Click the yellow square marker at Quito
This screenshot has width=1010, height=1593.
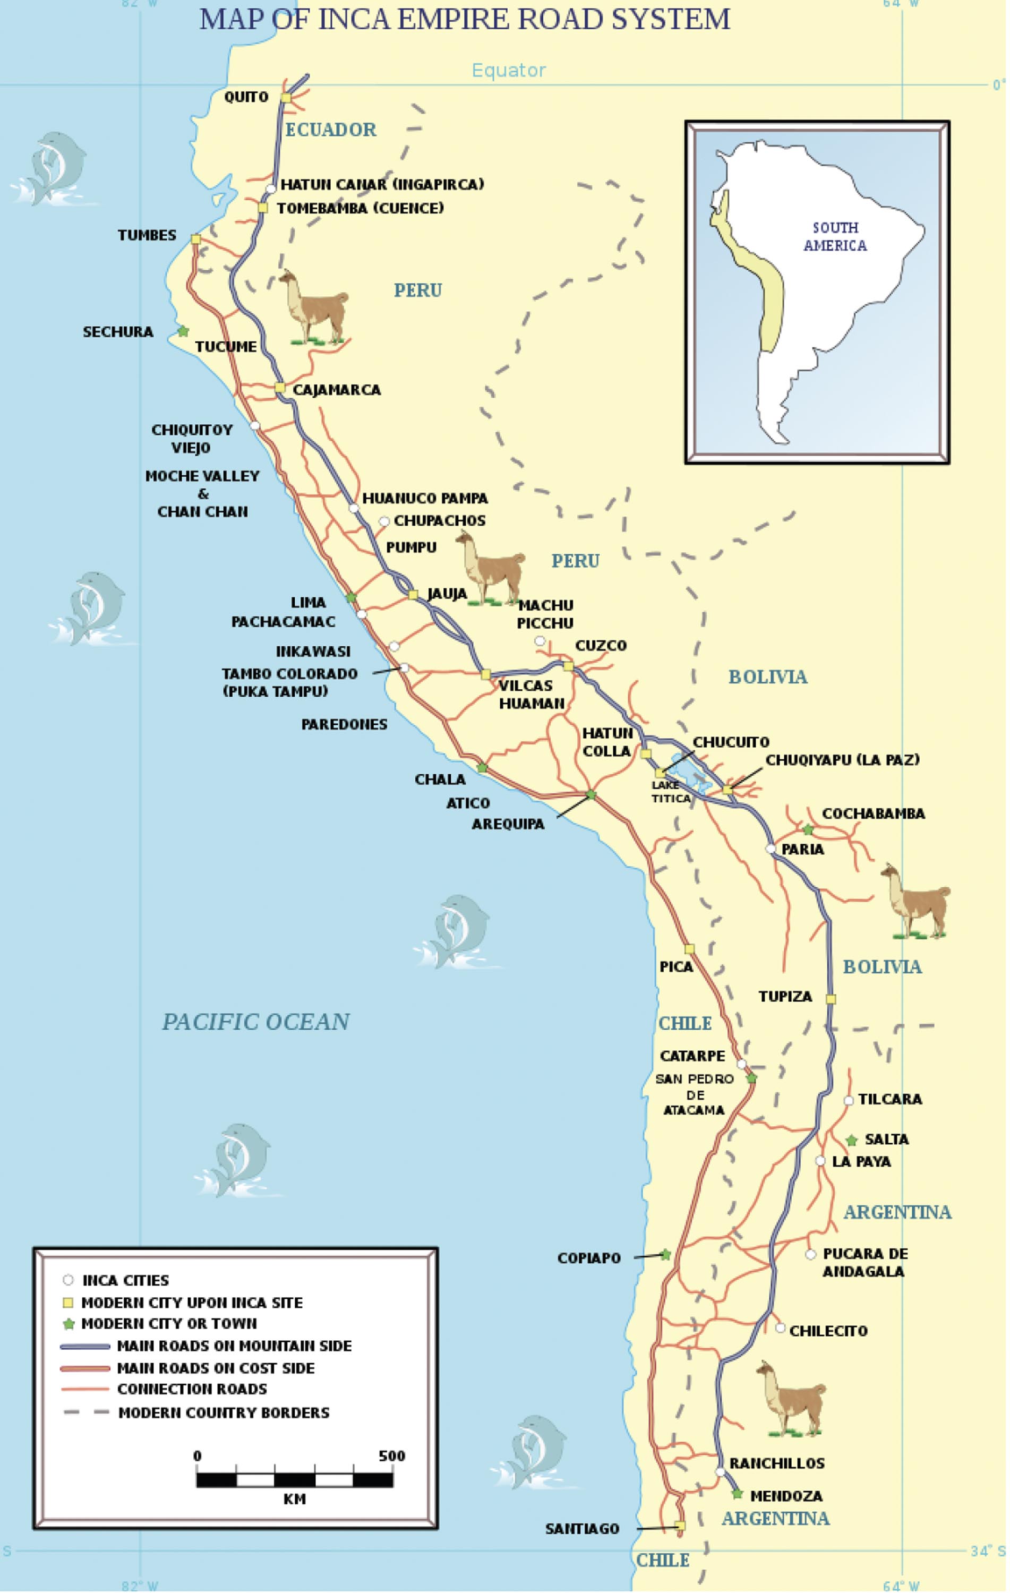pyautogui.click(x=286, y=98)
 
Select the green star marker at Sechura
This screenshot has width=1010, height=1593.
pyautogui.click(x=183, y=331)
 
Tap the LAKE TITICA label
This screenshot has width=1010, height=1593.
pyautogui.click(x=670, y=791)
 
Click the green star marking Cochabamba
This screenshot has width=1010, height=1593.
pyautogui.click(x=808, y=829)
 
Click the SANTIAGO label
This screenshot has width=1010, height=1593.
pyautogui.click(x=582, y=1529)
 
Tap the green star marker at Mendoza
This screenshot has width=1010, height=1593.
pyautogui.click(x=737, y=1494)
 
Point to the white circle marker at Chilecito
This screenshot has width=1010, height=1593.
pyautogui.click(x=780, y=1327)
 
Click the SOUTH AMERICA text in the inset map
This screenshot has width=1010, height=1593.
pyautogui.click(x=835, y=236)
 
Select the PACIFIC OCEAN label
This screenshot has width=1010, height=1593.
pyautogui.click(x=256, y=1022)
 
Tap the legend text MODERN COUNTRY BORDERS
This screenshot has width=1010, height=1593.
pyautogui.click(x=224, y=1412)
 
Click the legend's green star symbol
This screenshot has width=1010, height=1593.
pyautogui.click(x=68, y=1324)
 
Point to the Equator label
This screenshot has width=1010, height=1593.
pyautogui.click(x=509, y=70)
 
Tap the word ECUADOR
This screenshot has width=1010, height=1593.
pyautogui.click(x=330, y=130)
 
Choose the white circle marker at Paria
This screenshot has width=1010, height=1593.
pyautogui.click(x=770, y=848)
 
